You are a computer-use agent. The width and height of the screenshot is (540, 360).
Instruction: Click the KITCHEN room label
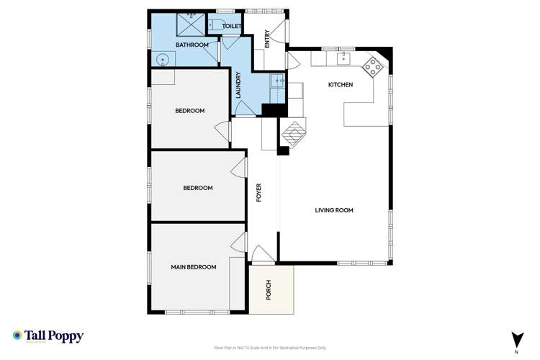tap(341, 85)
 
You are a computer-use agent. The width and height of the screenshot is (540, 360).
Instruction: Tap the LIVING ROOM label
tap(334, 210)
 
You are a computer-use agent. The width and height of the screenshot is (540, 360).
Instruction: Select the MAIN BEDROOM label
tap(193, 267)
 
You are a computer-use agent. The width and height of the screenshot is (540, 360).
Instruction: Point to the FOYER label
tap(258, 192)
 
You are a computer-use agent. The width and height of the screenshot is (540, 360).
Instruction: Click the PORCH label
tap(269, 289)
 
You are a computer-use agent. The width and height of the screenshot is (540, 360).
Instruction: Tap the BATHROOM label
tap(192, 45)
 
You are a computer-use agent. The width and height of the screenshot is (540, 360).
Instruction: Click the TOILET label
tap(231, 26)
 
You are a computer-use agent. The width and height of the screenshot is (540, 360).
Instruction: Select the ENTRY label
tap(267, 38)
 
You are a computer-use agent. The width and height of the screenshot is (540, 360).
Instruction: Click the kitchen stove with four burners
tap(374, 68)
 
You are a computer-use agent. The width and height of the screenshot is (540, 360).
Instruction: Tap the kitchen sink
tap(344, 58)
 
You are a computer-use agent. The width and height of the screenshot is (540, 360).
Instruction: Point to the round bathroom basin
tap(163, 60)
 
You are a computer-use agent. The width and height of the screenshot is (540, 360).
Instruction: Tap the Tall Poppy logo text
tap(55, 336)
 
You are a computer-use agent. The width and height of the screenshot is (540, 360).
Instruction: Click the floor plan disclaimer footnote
tap(270, 348)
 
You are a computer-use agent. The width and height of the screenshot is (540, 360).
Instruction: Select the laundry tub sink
tap(277, 82)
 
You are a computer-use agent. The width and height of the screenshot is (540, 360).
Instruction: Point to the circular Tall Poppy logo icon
tap(17, 336)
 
